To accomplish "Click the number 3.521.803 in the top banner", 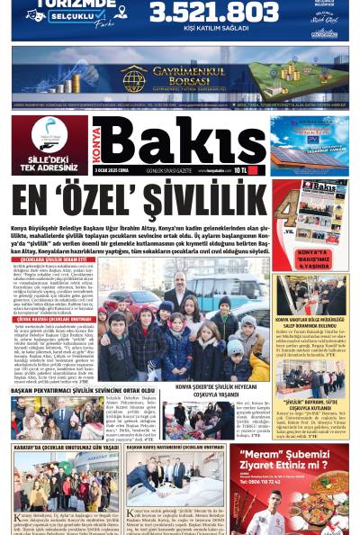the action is (x=213, y=12).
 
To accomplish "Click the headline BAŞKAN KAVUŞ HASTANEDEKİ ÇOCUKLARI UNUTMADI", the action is (x=175, y=447).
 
